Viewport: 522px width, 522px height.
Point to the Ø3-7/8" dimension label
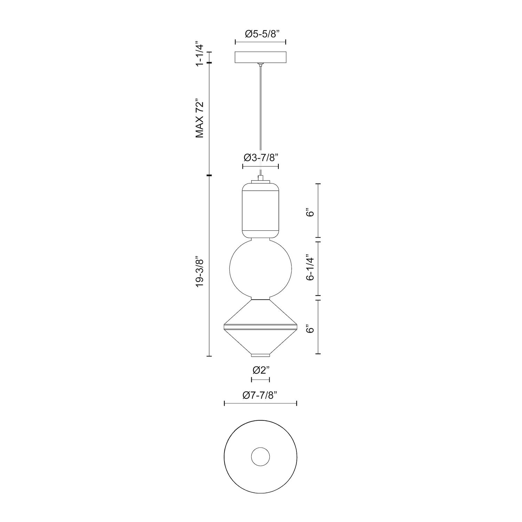click(x=260, y=158)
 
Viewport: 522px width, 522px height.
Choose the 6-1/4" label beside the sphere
click(x=311, y=269)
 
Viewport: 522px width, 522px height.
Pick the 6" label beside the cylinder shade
click(x=311, y=212)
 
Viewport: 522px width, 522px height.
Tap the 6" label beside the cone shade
click(x=311, y=329)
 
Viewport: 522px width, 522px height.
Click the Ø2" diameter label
click(x=260, y=370)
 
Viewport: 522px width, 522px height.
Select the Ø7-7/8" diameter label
click(x=260, y=395)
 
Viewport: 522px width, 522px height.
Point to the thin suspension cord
click(x=260, y=118)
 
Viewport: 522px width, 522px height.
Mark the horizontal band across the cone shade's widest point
click(x=260, y=327)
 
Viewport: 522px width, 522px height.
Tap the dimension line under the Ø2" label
click(x=260, y=379)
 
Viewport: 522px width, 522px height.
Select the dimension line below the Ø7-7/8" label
click(x=260, y=403)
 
